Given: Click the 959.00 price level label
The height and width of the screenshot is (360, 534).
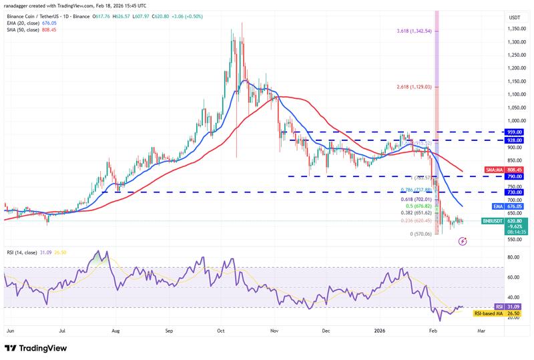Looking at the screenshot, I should tap(515, 132).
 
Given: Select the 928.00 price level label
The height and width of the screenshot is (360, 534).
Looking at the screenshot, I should tap(515, 140).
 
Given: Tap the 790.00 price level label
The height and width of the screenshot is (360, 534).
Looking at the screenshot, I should tap(515, 176).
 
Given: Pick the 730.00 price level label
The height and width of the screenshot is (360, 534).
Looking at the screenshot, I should tap(515, 192).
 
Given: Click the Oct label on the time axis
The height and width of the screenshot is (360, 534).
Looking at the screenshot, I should tap(221, 330).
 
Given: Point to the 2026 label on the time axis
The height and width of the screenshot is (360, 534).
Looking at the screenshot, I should tap(380, 330).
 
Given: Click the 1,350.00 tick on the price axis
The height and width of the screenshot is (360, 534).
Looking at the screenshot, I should tap(515, 29).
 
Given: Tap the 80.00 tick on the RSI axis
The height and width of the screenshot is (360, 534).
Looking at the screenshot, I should tap(515, 257).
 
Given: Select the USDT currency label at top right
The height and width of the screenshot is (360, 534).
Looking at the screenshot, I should tap(515, 17).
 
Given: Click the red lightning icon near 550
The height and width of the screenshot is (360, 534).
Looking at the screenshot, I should tap(463, 240).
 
